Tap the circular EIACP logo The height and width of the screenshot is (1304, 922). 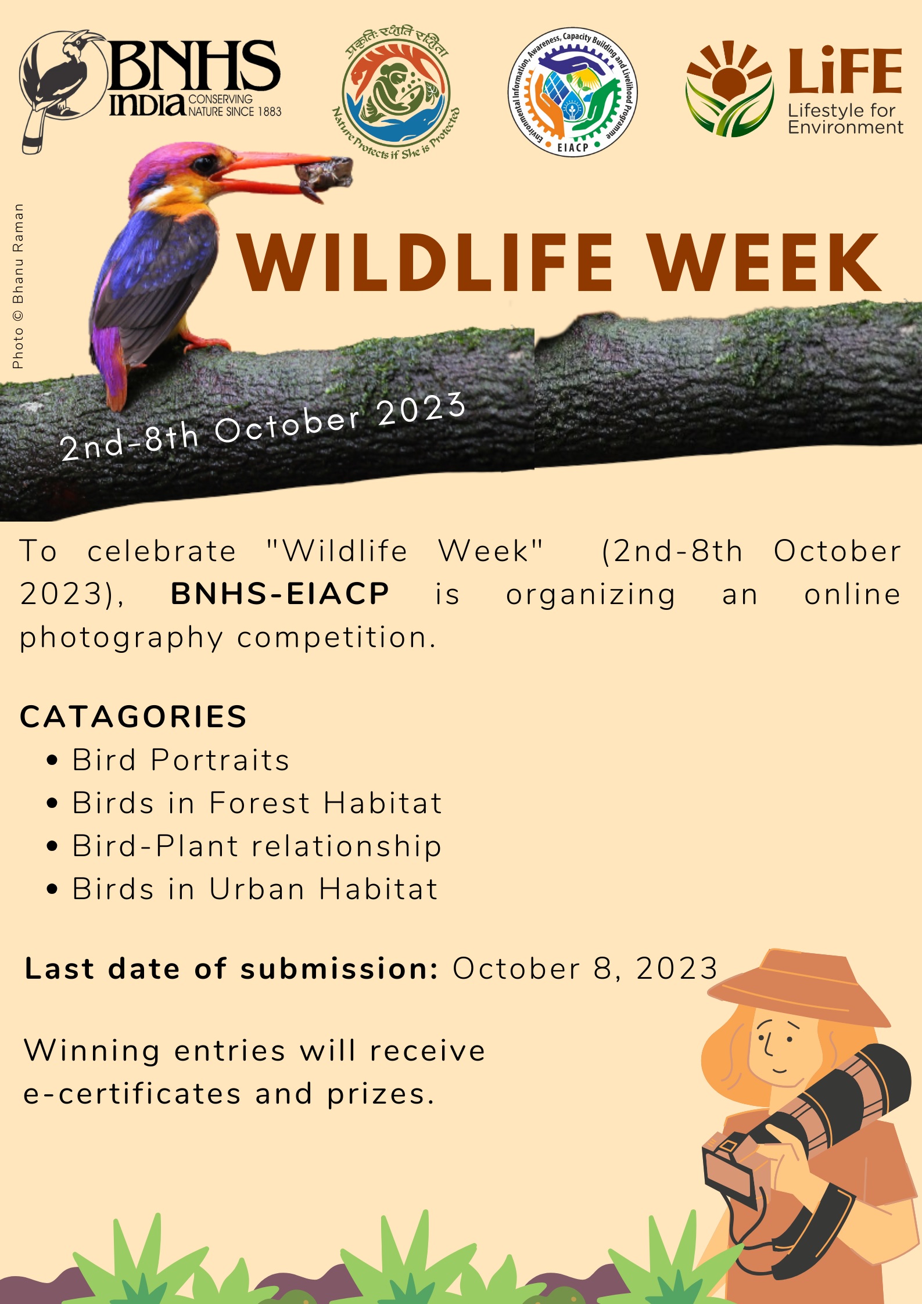click(573, 92)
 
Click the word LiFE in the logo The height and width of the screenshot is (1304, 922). click(845, 70)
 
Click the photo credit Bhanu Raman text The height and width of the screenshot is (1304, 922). click(18, 286)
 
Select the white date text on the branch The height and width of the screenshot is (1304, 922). click(263, 426)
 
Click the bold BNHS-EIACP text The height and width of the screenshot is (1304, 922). click(280, 594)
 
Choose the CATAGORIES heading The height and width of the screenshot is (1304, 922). click(134, 716)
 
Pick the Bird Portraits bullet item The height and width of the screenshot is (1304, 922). click(181, 760)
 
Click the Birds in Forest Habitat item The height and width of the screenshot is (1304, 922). click(257, 803)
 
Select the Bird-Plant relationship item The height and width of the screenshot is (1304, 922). click(257, 846)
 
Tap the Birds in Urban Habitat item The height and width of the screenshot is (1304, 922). click(254, 889)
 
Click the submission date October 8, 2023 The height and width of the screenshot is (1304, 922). click(585, 968)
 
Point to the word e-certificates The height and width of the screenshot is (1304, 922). click(132, 1094)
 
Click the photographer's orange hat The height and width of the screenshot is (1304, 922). click(799, 987)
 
